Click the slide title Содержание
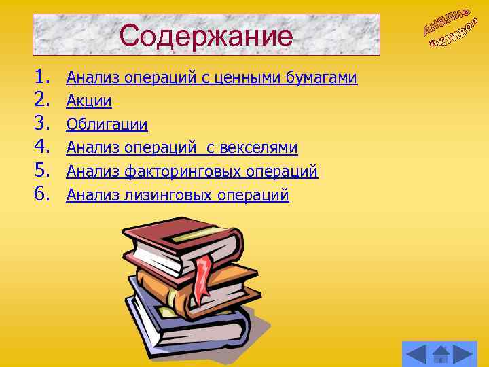pos(206,36)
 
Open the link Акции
pos(88,101)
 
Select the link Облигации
pos(107,125)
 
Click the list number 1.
pos(41,76)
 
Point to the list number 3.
pos(41,123)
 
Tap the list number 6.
pos(41,194)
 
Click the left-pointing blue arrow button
pos(415,353)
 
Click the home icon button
pos(441,353)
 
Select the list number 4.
pos(41,146)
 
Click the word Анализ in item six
pos(93,196)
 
